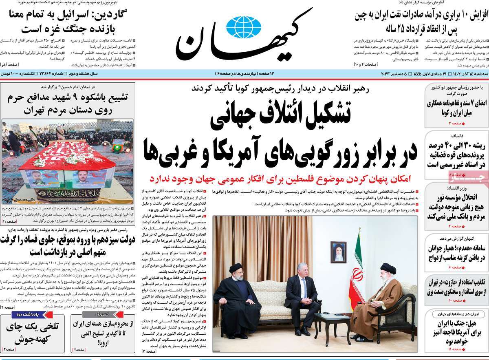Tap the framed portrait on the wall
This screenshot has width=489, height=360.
(338, 252)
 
